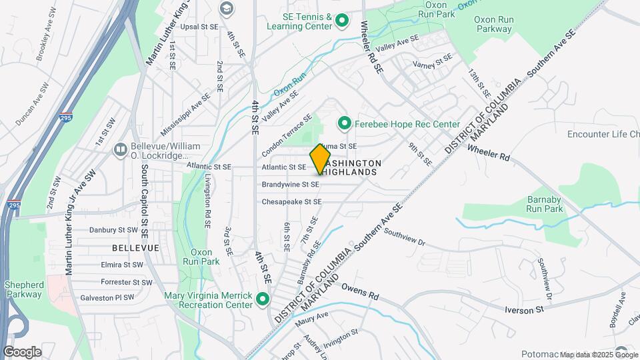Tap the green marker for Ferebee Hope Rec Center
pos(344,123)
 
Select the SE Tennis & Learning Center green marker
pos(342,21)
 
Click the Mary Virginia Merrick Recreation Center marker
pos(263,299)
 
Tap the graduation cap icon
pos(227,8)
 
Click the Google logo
pos(22,351)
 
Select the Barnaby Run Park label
pos(545,204)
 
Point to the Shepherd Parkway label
pos(24,289)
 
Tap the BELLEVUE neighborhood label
pos(135,247)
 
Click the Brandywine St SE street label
pos(290,184)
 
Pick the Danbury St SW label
pos(116,230)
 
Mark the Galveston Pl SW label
pos(107,298)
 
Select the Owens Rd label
pos(360,291)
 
